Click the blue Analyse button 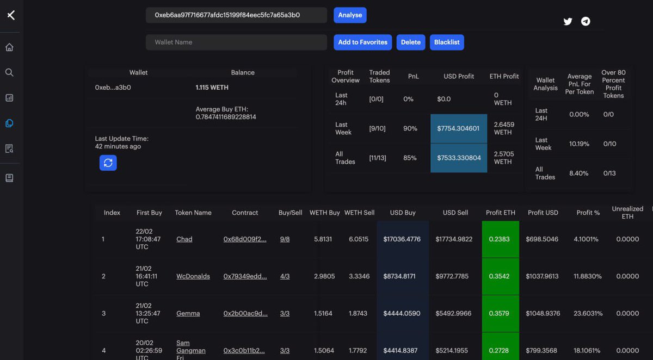click(x=350, y=15)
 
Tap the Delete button click(x=411, y=42)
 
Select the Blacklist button click(x=447, y=42)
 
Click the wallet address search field click(x=236, y=15)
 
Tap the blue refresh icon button click(x=108, y=163)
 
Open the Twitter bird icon click(x=568, y=22)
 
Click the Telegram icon click(x=586, y=22)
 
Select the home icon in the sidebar click(x=9, y=47)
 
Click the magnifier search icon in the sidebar click(x=9, y=72)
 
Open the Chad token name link click(x=184, y=239)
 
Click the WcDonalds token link click(x=193, y=276)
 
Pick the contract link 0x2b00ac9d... click(x=245, y=313)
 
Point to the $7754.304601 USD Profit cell click(x=458, y=129)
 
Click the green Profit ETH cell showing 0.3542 click(x=500, y=276)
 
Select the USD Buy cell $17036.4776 click(x=402, y=239)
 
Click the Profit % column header click(x=588, y=213)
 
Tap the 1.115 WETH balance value click(x=212, y=88)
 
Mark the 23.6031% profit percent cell click(x=588, y=313)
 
